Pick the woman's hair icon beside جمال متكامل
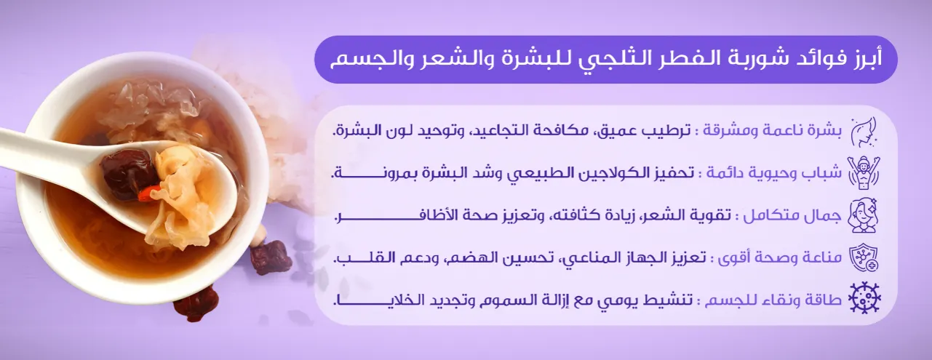(x=865, y=216)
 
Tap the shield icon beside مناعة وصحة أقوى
(x=865, y=258)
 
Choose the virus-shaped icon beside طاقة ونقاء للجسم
(x=865, y=300)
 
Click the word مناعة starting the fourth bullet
(x=819, y=259)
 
